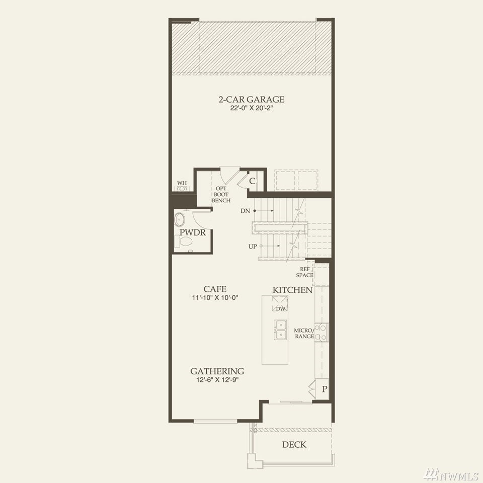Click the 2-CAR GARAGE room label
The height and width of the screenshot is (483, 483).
[x=252, y=99]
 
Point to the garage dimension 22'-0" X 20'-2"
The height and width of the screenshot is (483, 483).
[x=252, y=108]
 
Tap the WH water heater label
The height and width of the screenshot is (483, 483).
[x=182, y=183]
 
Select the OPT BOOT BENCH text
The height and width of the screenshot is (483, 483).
[x=221, y=194]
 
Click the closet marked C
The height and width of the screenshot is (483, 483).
[x=252, y=181]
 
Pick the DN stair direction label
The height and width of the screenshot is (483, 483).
[x=245, y=211]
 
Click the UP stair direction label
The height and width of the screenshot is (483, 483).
[x=253, y=247]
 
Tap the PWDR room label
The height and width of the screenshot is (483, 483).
[x=193, y=232]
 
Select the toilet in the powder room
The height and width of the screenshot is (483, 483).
[x=183, y=242]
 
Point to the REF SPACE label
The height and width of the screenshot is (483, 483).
[x=305, y=272]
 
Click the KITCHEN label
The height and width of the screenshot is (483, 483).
[x=292, y=290]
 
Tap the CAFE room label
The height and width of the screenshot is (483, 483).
[x=215, y=289]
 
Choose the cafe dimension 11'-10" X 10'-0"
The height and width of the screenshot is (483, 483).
[x=215, y=297]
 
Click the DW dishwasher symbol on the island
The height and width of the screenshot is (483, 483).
[x=280, y=304]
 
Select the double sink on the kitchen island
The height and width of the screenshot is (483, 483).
[x=280, y=330]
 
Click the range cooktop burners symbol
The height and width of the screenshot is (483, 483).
[x=321, y=333]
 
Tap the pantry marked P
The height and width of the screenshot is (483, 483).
[x=324, y=389]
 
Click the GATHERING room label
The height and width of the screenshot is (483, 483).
[x=217, y=371]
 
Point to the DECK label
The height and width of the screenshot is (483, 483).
[x=294, y=444]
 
